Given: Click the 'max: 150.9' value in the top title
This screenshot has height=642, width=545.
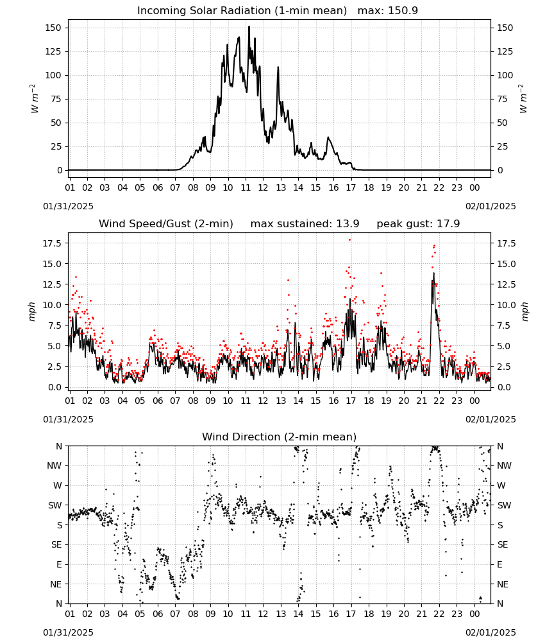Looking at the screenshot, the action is (388, 11).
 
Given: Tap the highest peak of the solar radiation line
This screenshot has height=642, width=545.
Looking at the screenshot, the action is (249, 27).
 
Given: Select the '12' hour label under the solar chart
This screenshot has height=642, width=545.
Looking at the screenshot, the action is (263, 187).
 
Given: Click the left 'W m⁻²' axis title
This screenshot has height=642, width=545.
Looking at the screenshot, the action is (35, 99).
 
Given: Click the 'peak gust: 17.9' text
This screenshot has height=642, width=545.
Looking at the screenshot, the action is (418, 224).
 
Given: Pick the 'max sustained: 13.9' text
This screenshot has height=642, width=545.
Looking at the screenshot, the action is (305, 224).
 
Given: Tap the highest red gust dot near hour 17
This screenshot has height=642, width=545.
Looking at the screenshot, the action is (349, 240).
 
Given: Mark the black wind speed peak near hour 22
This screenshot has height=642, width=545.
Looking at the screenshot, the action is (434, 273).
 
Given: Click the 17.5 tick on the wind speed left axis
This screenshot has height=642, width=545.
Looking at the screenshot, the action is (53, 243).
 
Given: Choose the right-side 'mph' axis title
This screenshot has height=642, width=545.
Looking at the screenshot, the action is (524, 311).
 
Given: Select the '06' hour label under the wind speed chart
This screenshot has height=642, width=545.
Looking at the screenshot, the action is (158, 401).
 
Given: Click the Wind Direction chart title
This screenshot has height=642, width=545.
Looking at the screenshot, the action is (280, 437).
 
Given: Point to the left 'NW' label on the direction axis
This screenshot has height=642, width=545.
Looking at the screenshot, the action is (55, 466).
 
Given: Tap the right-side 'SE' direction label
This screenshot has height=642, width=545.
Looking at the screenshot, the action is (503, 545).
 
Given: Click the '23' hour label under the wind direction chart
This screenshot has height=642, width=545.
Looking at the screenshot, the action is (457, 614).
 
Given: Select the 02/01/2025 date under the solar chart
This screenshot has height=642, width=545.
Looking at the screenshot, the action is (491, 206).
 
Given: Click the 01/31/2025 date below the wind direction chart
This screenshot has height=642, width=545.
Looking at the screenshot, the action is (68, 632).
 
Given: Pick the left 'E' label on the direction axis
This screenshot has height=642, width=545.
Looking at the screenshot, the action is (59, 564).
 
